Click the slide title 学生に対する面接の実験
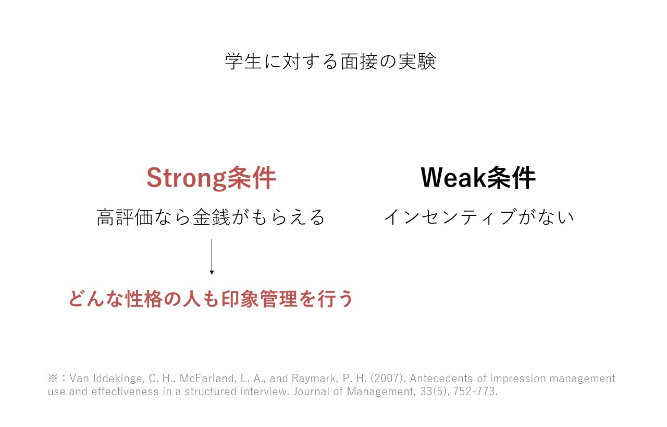pos(330,62)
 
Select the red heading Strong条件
pos(212,178)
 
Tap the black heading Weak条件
pos(478,178)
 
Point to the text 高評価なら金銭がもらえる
pos(211,217)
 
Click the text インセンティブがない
pos(479,217)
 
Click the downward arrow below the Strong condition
pos(212,257)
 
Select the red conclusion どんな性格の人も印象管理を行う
pos(211,299)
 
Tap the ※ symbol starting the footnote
pos(53,379)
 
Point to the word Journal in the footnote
pos(311,392)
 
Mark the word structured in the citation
pos(211,392)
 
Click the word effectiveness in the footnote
pos(125,392)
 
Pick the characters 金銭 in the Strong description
pos(211,217)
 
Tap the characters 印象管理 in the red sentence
pos(259,299)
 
